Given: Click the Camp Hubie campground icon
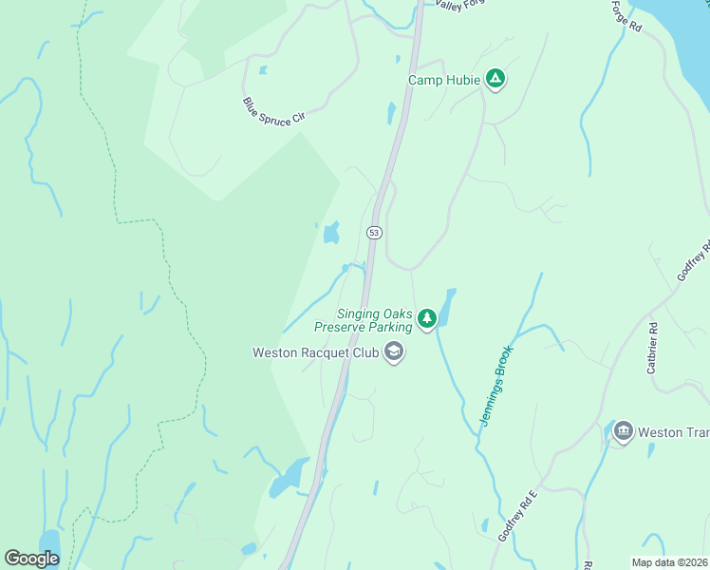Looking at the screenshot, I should point(494,80).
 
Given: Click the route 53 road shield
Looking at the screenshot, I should point(374,233).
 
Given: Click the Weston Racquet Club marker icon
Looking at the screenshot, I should point(393,353).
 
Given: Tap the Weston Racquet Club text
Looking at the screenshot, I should point(314,352).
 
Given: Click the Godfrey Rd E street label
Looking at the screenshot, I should point(518,517).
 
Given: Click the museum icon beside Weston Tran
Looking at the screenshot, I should point(623,431).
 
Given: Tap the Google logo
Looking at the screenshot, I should point(32,559).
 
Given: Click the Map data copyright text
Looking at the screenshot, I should point(670,562).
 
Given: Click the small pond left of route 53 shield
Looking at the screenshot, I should point(331,232).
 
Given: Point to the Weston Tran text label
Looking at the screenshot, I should point(674,432).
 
